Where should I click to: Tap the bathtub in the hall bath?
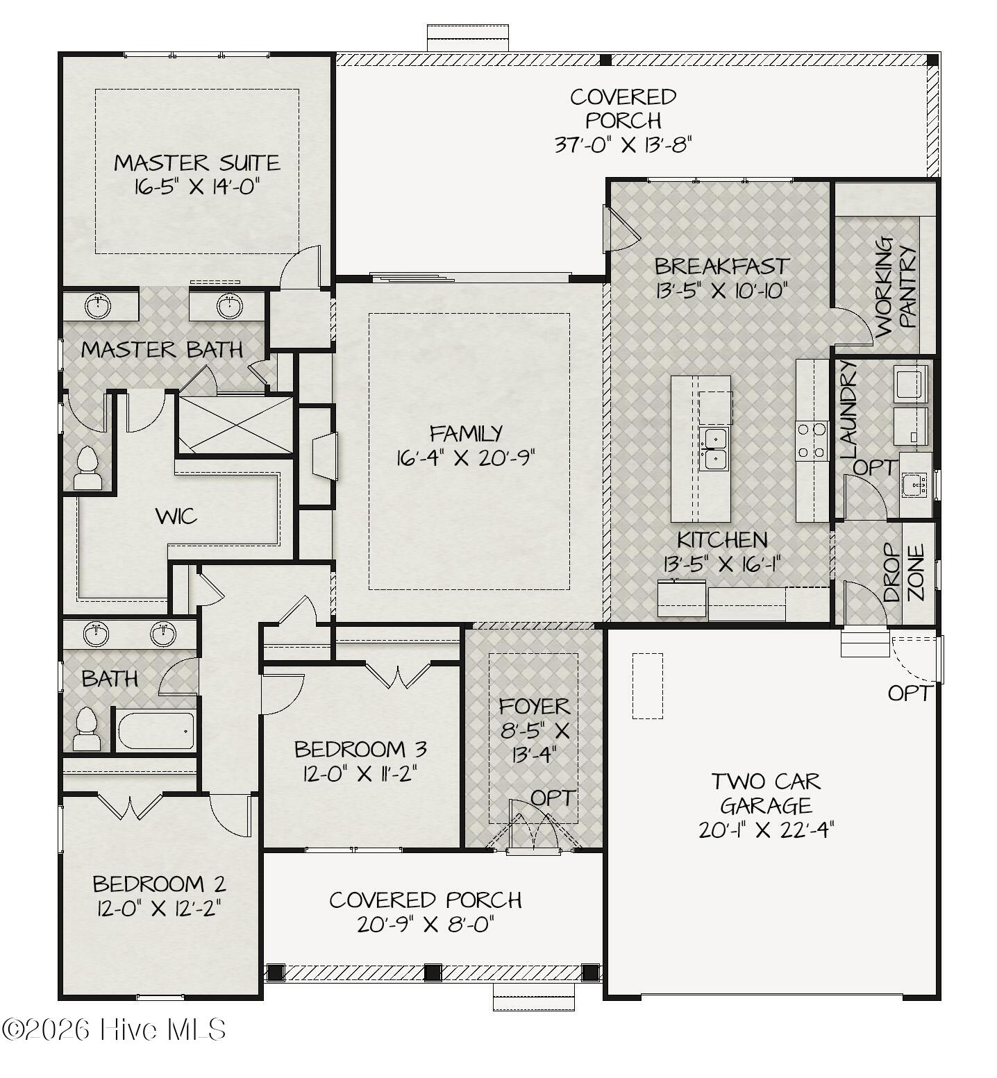(x=156, y=730)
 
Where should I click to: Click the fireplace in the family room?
(x=324, y=456)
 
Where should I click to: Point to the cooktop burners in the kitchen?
(x=812, y=441)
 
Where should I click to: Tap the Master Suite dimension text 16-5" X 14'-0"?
(x=198, y=187)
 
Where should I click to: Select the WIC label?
(x=176, y=516)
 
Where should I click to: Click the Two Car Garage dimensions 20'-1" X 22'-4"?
(x=766, y=830)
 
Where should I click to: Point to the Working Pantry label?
(x=896, y=287)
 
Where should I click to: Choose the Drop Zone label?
(x=904, y=573)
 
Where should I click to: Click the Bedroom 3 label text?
(x=360, y=750)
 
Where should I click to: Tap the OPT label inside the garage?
(x=910, y=693)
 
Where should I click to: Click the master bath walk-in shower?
(x=235, y=424)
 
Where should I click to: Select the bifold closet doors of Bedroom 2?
(x=130, y=806)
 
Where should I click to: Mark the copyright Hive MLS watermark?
(x=114, y=1029)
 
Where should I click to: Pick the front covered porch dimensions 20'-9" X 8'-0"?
(x=426, y=925)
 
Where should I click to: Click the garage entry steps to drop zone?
(x=864, y=643)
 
